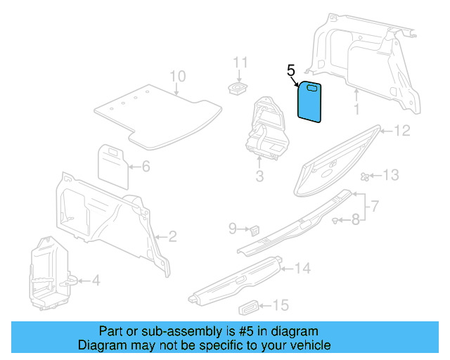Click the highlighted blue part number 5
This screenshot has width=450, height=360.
(310, 105)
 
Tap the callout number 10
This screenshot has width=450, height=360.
(177, 76)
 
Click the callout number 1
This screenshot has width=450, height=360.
(356, 109)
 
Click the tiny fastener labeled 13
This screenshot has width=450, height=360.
(364, 176)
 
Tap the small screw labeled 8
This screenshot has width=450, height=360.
(336, 221)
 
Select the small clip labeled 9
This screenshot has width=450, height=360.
(254, 229)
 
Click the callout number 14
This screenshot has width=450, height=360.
(302, 268)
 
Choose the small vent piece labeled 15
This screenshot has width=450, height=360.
(249, 306)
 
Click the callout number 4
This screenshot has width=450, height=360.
(96, 281)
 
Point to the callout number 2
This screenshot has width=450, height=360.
(172, 236)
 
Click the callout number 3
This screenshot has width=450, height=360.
(259, 176)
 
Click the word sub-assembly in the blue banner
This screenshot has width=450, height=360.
(155, 331)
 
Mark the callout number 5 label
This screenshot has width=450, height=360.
(291, 70)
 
